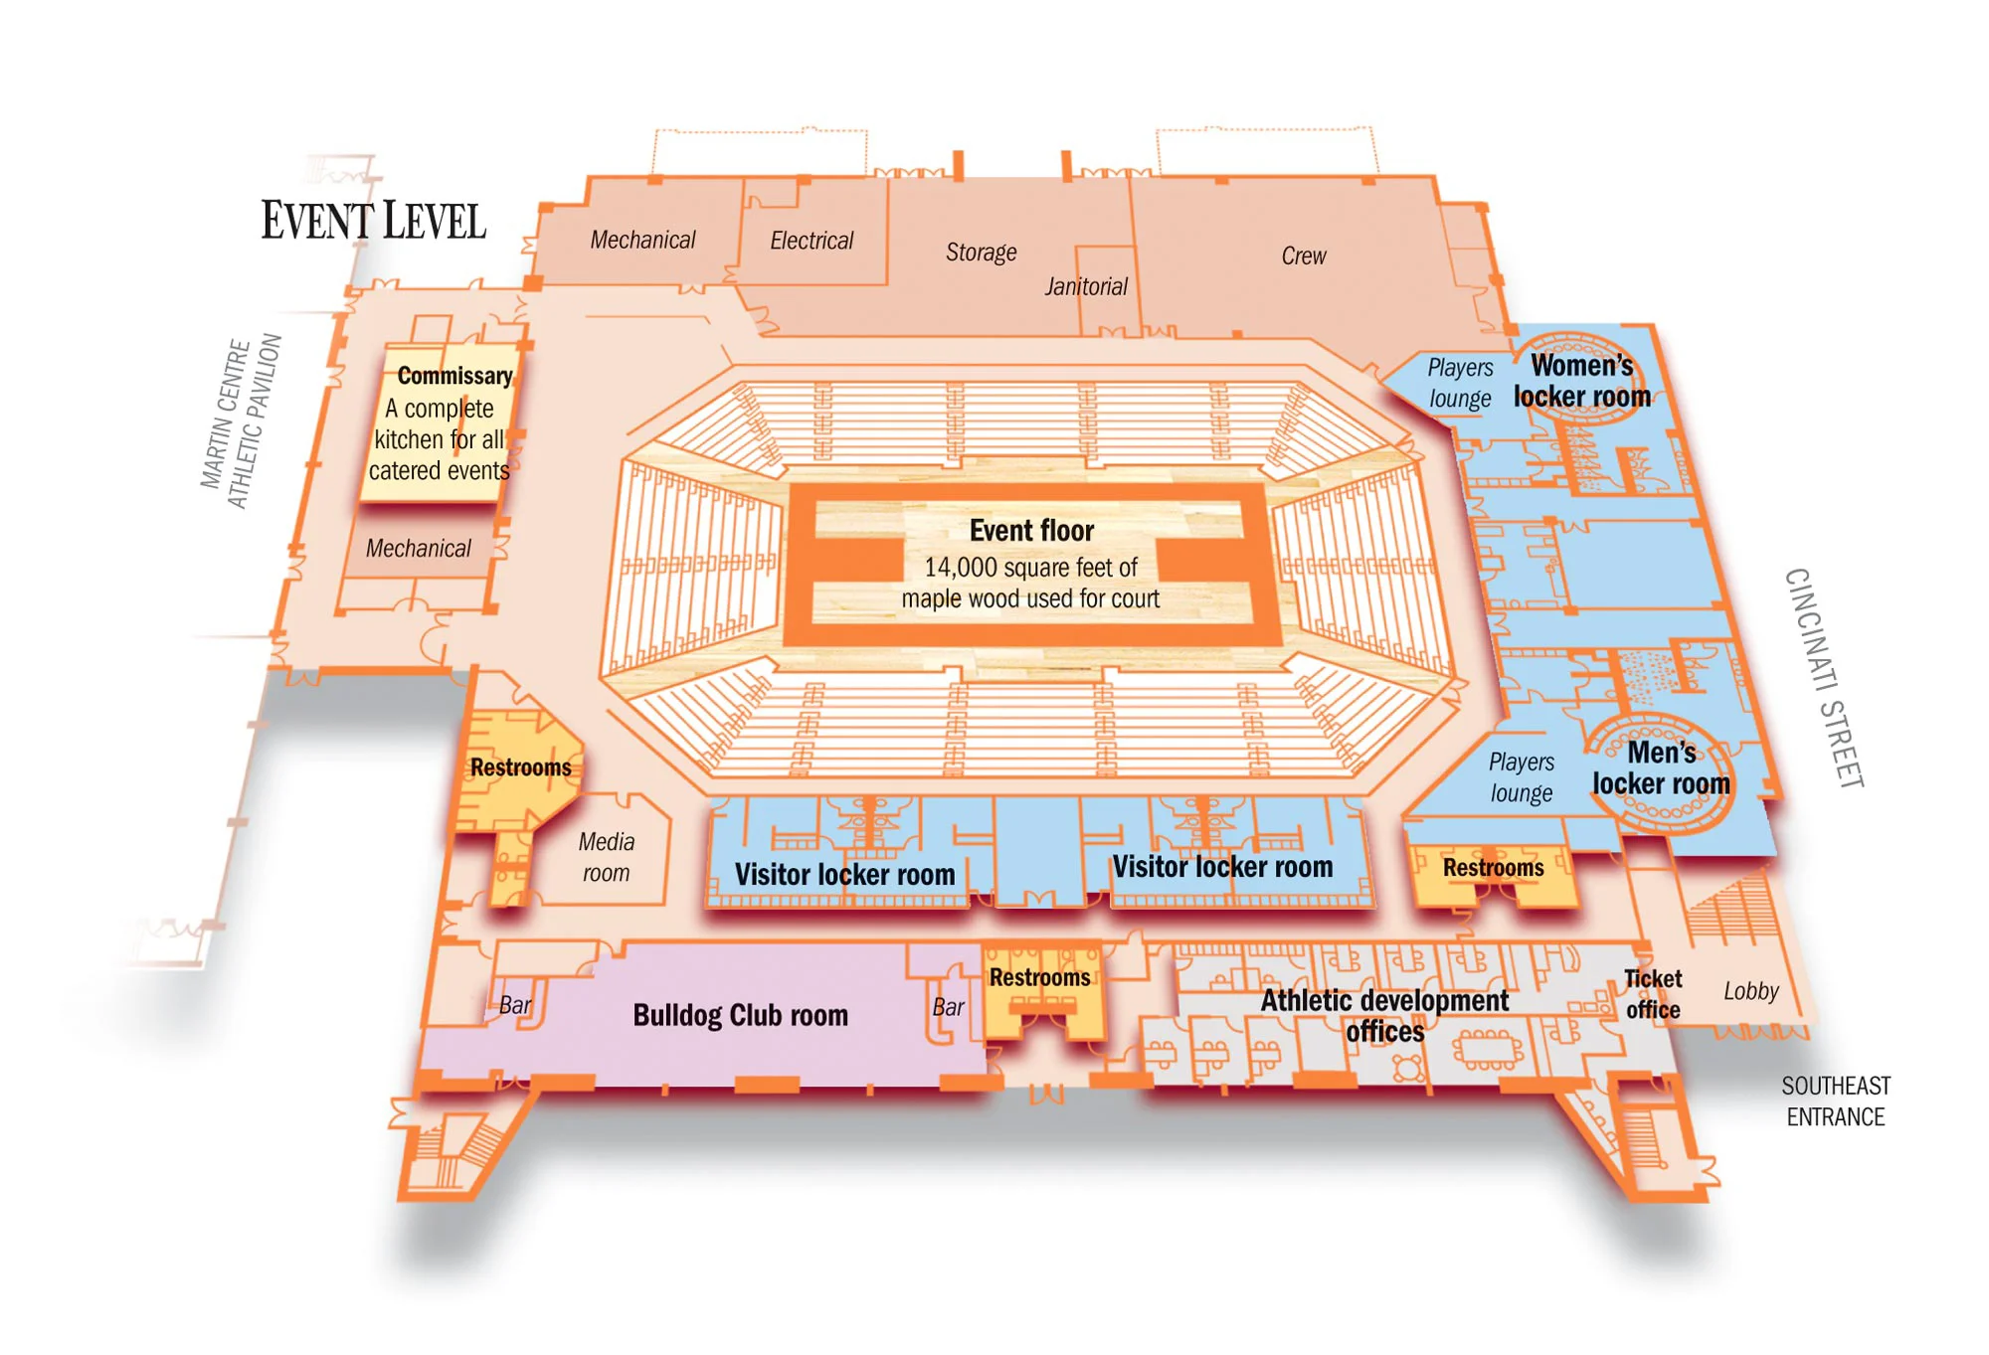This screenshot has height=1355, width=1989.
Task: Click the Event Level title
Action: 374,221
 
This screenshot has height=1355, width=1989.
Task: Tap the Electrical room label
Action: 812,241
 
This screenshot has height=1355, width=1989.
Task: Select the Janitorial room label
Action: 1085,286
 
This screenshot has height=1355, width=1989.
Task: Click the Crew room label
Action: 1303,255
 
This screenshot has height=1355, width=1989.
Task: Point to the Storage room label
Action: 981,253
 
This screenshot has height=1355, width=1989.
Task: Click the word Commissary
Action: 454,376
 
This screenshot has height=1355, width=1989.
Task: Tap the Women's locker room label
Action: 1581,381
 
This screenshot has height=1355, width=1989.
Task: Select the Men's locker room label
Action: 1661,767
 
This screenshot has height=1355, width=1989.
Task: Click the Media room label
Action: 606,857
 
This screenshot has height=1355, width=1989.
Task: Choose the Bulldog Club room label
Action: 740,1015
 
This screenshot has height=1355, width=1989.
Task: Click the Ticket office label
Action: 1653,994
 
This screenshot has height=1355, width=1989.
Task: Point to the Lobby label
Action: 1750,991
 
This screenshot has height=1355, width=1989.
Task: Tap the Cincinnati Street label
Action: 1823,678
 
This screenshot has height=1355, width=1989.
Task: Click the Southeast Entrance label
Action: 1835,1101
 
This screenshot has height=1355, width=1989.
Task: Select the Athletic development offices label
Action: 1384,1015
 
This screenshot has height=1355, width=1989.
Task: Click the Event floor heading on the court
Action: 1031,531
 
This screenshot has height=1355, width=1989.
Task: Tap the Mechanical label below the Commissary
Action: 418,549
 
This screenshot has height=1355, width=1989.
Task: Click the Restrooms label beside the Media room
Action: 520,767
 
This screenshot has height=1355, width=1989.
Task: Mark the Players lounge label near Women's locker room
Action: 1460,383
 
